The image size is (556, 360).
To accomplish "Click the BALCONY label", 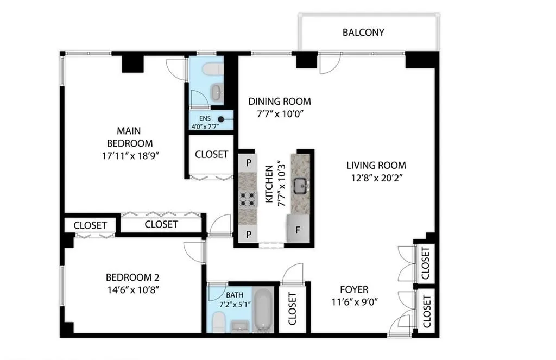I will (363, 33).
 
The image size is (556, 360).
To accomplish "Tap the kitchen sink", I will (300, 187).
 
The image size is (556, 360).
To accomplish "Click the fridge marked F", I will (298, 230).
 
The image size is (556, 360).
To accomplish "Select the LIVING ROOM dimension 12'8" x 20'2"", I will (376, 177).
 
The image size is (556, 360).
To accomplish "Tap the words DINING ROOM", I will (280, 102).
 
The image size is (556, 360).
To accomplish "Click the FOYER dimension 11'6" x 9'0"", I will (354, 302).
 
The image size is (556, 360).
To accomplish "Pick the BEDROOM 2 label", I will (132, 276).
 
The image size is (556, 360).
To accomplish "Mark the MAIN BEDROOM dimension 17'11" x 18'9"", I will (130, 155).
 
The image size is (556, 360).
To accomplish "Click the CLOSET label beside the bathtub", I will (292, 308).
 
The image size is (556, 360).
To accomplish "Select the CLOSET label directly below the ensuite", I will (211, 154).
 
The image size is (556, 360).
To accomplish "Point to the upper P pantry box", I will (248, 162).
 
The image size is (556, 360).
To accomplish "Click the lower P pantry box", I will (248, 234).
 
